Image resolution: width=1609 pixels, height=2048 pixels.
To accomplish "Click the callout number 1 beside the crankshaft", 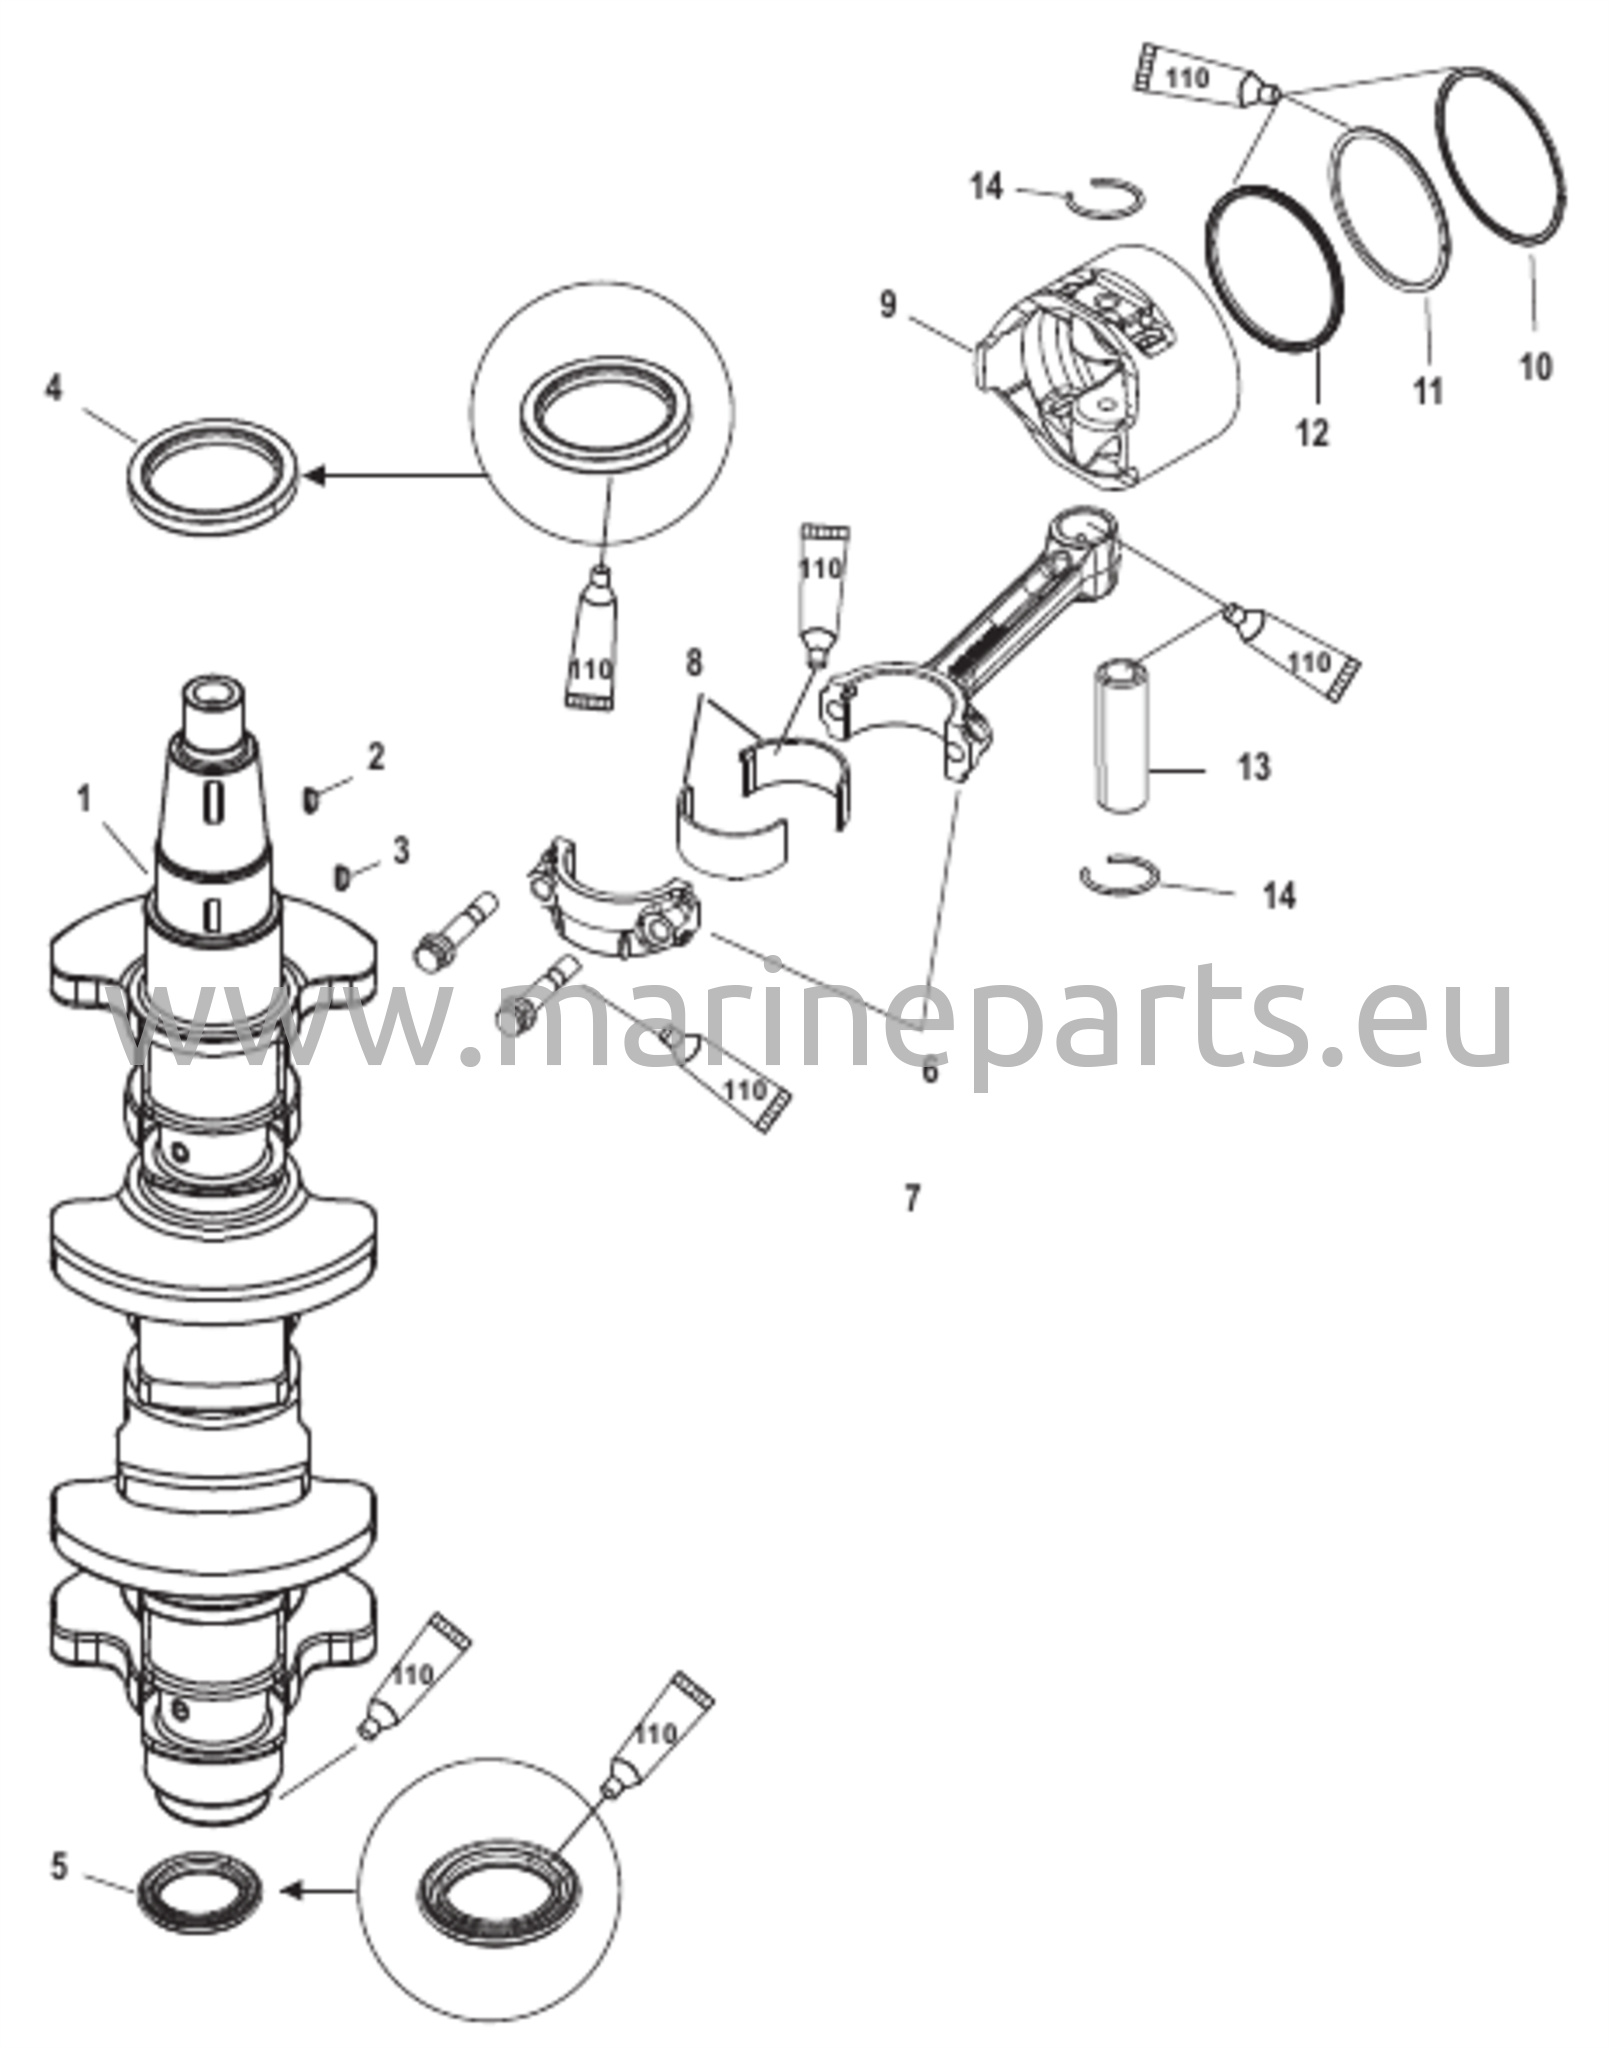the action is pos(84,800).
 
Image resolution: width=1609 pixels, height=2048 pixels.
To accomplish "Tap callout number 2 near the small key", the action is pos(375,757).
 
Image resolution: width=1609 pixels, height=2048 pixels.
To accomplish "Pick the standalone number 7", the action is pos(912,1197).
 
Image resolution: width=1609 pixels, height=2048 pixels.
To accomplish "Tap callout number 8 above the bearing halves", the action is pos(695,663).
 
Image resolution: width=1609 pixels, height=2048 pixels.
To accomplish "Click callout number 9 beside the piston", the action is pos(888,304).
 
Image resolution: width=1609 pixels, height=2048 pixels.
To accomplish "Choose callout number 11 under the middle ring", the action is pos(1428,390).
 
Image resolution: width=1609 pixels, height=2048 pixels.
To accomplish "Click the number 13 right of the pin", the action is pos(1252,768).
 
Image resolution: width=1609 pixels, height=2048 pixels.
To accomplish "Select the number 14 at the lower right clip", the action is pos(1279,894).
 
